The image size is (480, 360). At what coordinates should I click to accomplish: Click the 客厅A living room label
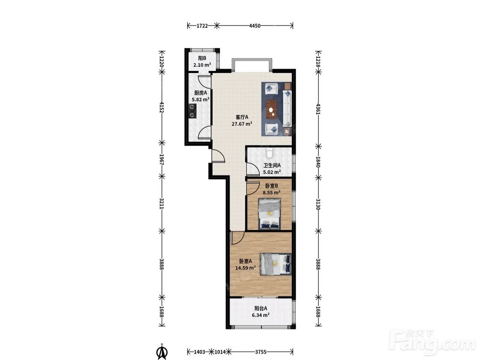[242, 117]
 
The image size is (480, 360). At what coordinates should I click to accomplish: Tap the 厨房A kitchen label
[201, 93]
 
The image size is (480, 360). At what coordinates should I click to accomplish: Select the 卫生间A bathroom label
[272, 165]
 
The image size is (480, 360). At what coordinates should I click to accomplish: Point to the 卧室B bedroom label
[272, 186]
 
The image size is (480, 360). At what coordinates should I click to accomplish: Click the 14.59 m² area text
[245, 268]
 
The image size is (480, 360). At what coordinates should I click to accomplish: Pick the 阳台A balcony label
[261, 308]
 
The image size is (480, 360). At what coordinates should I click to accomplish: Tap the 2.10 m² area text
[202, 65]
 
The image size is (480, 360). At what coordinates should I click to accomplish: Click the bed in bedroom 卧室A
[275, 264]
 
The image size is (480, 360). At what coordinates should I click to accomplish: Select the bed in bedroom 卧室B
[270, 214]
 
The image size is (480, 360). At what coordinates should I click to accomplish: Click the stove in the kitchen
[192, 111]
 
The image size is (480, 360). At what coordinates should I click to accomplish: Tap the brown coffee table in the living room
[271, 109]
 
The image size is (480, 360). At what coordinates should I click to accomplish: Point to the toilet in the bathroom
[269, 153]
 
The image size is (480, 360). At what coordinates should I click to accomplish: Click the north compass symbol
[162, 351]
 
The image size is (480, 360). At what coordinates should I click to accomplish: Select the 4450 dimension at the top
[255, 26]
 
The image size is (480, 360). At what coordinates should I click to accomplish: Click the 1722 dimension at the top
[202, 26]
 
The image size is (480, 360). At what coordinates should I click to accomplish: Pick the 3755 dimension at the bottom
[261, 352]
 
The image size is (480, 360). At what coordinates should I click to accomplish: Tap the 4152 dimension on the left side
[162, 107]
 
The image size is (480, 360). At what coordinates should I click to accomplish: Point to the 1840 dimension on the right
[318, 162]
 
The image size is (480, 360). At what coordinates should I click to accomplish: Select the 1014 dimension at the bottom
[220, 352]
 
